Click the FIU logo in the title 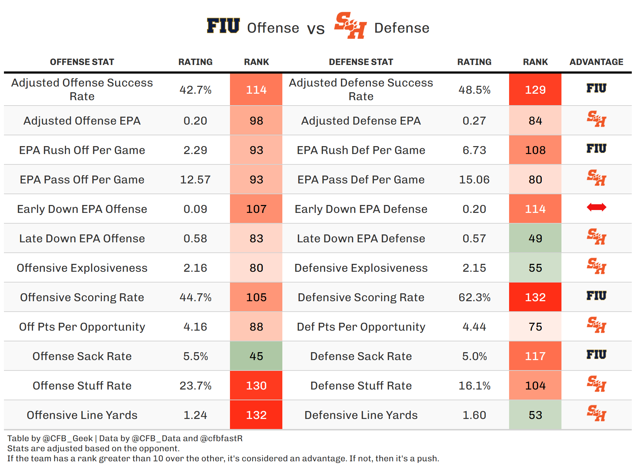(223, 26)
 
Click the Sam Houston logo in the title (350, 25)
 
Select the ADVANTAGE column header (596, 62)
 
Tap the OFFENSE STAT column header (82, 62)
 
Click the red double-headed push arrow (596, 207)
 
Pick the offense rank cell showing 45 (256, 356)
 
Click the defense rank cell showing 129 (535, 90)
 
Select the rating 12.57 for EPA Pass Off (195, 179)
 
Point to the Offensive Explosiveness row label (82, 268)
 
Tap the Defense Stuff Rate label (361, 386)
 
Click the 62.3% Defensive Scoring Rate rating (474, 297)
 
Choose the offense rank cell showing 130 (256, 386)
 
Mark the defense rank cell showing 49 (535, 238)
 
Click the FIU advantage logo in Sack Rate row (596, 355)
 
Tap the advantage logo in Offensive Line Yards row (596, 413)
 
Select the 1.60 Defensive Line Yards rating (474, 415)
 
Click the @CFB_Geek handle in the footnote (67, 438)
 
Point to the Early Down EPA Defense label (361, 209)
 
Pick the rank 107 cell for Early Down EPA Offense (256, 209)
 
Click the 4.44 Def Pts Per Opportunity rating (474, 327)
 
